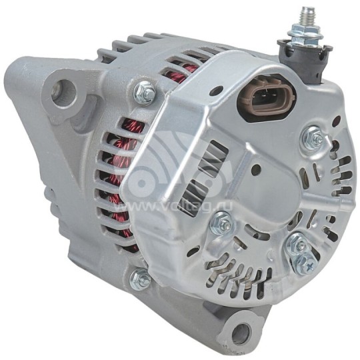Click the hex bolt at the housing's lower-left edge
[140, 278]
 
